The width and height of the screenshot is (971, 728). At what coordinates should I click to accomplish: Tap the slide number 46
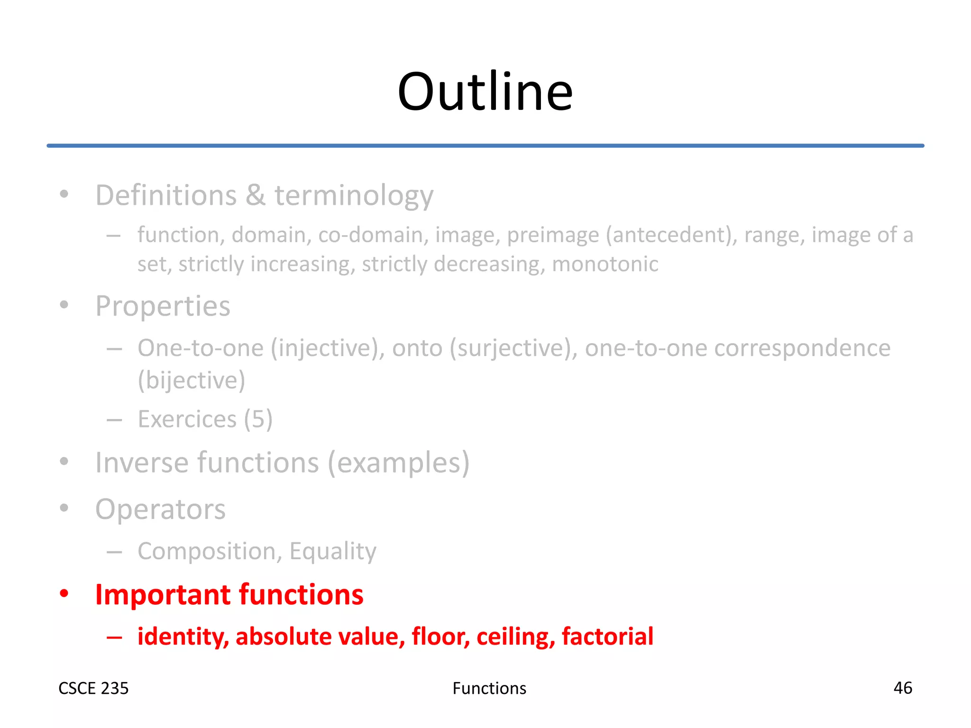pos(902,688)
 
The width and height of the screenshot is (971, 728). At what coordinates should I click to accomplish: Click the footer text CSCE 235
pos(93,688)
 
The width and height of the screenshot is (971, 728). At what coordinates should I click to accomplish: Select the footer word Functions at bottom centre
pos(489,688)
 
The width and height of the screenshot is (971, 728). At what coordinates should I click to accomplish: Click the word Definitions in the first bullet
pos(166,195)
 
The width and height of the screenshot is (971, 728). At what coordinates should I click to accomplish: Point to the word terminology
pos(354,196)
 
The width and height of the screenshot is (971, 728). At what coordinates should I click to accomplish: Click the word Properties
pos(163,307)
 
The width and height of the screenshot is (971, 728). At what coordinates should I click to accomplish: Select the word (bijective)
pos(192,380)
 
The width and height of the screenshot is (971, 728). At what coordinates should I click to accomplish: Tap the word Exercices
pos(187,419)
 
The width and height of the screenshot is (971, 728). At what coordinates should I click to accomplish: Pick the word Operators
pos(160,510)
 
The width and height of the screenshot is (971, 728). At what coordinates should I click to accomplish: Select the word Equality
pos(333,551)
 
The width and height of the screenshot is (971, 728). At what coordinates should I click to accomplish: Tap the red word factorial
pos(607,636)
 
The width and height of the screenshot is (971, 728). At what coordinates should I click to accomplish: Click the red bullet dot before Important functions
pos(64,594)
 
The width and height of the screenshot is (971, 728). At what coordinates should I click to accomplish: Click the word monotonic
pos(605,264)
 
